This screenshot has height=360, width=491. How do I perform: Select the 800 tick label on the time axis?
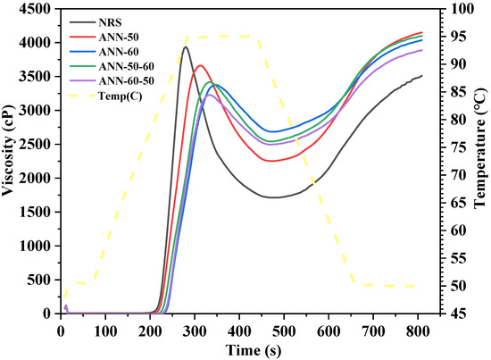[417, 328]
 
